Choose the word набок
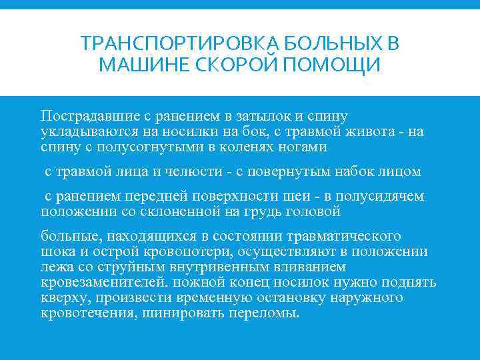point(349,171)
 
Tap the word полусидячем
point(381,197)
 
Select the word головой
point(309,211)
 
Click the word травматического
point(343,237)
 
